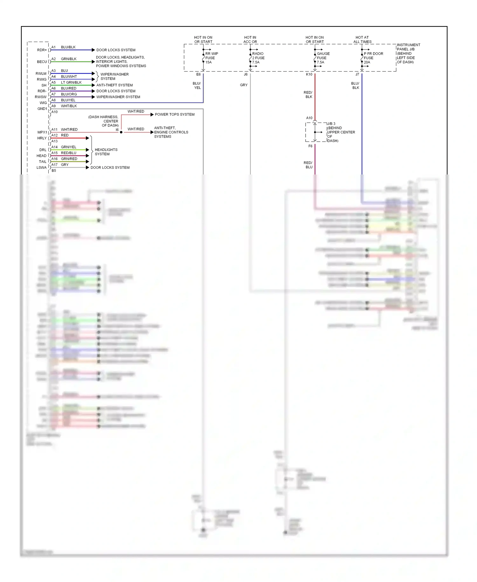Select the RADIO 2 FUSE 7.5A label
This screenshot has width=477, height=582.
tap(258, 58)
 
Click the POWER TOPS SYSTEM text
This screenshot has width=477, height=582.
tap(175, 114)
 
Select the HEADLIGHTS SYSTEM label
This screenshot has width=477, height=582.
tap(106, 152)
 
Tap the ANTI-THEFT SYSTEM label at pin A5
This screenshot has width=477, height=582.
tap(114, 85)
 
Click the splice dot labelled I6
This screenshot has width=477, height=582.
tap(121, 132)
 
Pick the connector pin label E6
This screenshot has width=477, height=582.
tap(198, 75)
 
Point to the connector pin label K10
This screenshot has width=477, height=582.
tap(309, 75)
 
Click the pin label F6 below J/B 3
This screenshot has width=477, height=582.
tap(310, 146)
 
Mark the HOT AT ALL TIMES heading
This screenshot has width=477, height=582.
tap(362, 39)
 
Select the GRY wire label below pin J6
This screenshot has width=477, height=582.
tap(244, 85)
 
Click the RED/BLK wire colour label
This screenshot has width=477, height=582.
tap(308, 95)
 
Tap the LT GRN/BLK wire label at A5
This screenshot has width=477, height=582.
tap(71, 82)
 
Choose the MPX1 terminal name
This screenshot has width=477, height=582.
tap(42, 132)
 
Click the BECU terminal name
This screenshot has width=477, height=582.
tap(42, 62)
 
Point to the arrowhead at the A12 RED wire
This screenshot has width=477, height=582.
tap(87, 138)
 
